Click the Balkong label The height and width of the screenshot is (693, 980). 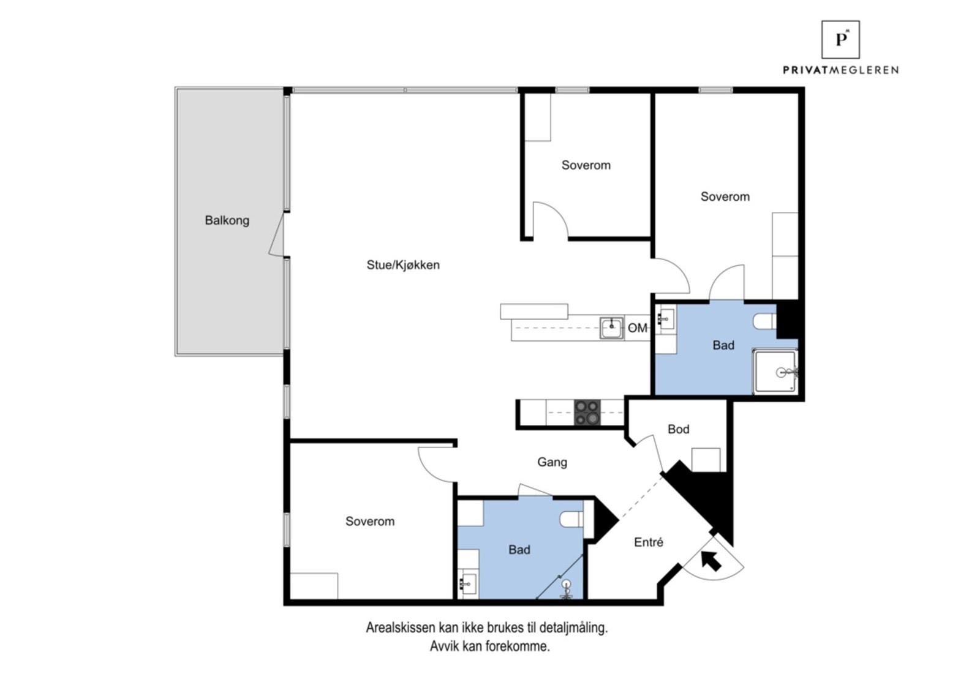(x=227, y=220)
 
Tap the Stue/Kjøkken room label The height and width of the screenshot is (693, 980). (x=403, y=264)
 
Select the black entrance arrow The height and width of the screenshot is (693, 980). (x=711, y=561)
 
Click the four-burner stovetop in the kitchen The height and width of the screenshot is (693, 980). (x=587, y=413)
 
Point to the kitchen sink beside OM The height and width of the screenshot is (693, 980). (x=612, y=328)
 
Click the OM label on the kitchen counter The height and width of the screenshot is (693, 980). (x=638, y=328)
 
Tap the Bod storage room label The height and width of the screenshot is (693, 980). (x=679, y=429)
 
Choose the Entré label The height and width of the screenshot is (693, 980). (x=649, y=542)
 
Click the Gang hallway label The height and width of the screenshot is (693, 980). (x=552, y=462)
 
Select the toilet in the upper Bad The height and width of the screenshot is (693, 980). (x=764, y=321)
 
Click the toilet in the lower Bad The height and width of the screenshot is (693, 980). (x=571, y=519)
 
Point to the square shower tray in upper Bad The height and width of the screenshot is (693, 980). (x=775, y=372)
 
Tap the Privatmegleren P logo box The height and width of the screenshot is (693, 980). (x=840, y=39)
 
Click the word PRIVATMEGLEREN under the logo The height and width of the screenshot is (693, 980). (x=840, y=70)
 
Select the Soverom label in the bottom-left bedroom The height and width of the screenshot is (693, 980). (x=370, y=521)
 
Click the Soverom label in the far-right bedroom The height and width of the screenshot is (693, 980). (x=725, y=197)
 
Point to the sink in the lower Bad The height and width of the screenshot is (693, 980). (x=467, y=583)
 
